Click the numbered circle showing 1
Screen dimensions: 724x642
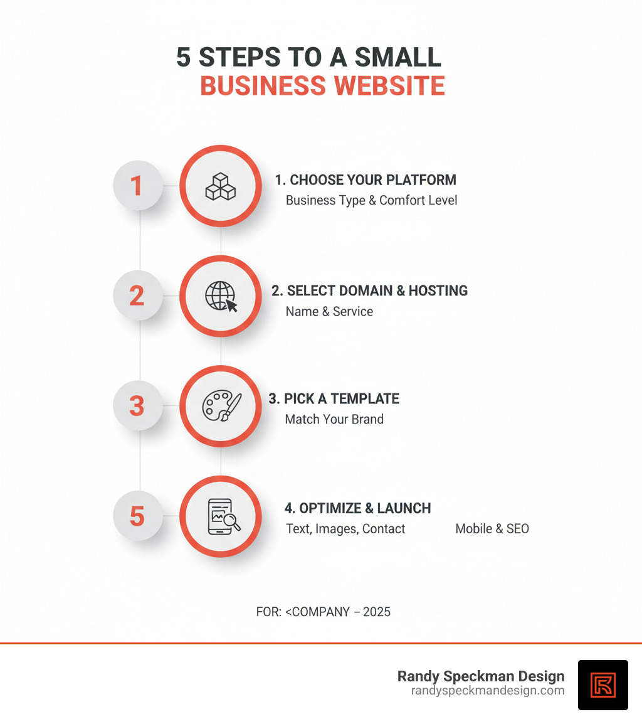click(137, 186)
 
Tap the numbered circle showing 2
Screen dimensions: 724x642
click(137, 295)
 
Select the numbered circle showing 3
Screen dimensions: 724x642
click(137, 405)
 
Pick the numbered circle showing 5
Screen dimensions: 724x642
click(137, 516)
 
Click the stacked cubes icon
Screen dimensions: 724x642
click(220, 186)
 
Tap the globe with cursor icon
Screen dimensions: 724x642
click(221, 296)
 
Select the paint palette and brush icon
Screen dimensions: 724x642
click(221, 406)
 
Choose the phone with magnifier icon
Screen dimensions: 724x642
click(221, 516)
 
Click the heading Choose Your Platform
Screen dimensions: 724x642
click(366, 180)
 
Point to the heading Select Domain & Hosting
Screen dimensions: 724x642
click(369, 290)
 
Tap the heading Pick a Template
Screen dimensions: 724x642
click(334, 398)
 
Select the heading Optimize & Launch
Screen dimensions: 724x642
click(357, 508)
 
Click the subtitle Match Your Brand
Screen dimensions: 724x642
click(334, 419)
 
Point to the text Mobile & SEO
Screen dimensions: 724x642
click(492, 529)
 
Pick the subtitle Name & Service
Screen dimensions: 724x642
click(329, 311)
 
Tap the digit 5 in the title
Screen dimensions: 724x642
click(183, 57)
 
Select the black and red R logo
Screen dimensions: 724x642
click(603, 684)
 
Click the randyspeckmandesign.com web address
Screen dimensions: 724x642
click(488, 690)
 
